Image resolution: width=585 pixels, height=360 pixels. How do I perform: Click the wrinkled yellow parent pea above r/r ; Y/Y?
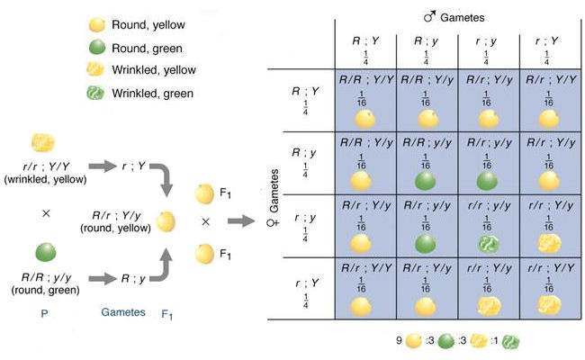43,142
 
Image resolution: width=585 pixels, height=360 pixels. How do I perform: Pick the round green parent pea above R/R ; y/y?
43,251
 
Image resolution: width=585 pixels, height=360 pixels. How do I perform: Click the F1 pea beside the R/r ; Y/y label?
166,220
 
